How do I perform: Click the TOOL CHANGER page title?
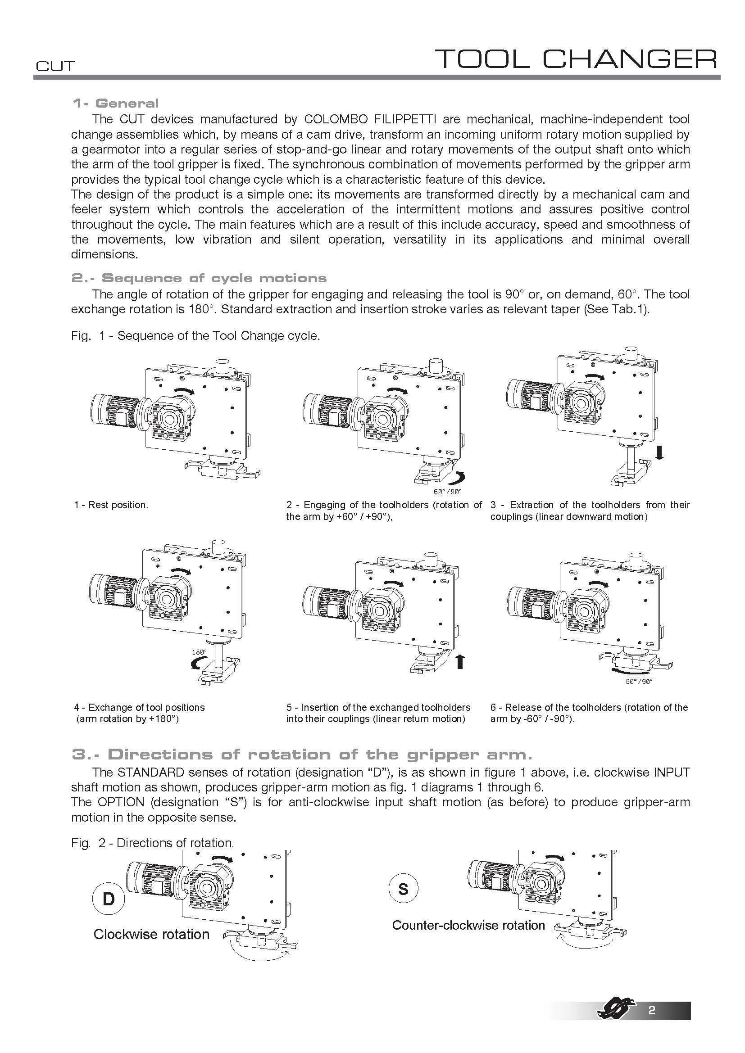[x=576, y=59]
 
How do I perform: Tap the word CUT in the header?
[x=55, y=67]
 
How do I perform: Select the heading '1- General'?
[x=116, y=103]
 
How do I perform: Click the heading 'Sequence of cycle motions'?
[x=214, y=278]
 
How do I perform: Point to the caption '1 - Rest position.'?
[x=111, y=505]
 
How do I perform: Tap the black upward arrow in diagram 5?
[x=460, y=662]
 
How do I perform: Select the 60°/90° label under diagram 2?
[x=448, y=492]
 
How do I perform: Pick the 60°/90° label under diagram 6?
[x=639, y=682]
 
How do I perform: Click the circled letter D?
[x=109, y=899]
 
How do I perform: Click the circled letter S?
[x=403, y=889]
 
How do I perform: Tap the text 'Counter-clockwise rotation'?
[x=468, y=925]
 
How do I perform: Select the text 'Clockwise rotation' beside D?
[x=151, y=934]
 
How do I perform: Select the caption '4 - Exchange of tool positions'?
[x=140, y=707]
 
